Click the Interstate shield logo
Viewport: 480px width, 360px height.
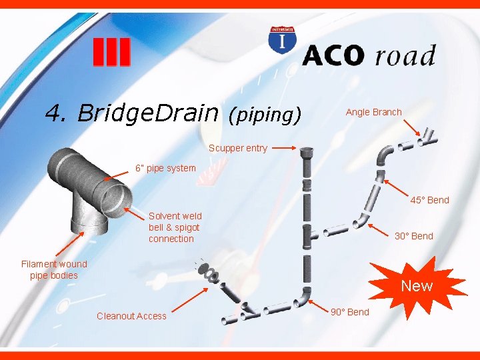point(283,41)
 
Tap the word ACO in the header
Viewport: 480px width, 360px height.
point(334,55)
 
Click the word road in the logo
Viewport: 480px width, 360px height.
point(405,55)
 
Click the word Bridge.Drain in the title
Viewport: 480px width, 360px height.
point(148,113)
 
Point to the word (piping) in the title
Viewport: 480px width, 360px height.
point(265,115)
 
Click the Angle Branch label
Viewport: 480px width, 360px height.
point(373,112)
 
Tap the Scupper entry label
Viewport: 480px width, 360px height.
point(238,148)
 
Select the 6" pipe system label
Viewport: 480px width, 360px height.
point(165,168)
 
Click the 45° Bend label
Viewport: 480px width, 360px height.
point(429,200)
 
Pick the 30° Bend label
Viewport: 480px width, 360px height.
point(413,236)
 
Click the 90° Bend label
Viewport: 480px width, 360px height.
point(349,312)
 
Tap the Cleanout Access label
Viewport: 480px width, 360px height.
point(131,316)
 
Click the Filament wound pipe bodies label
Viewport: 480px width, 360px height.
point(54,270)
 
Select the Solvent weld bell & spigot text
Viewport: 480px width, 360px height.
point(175,227)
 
